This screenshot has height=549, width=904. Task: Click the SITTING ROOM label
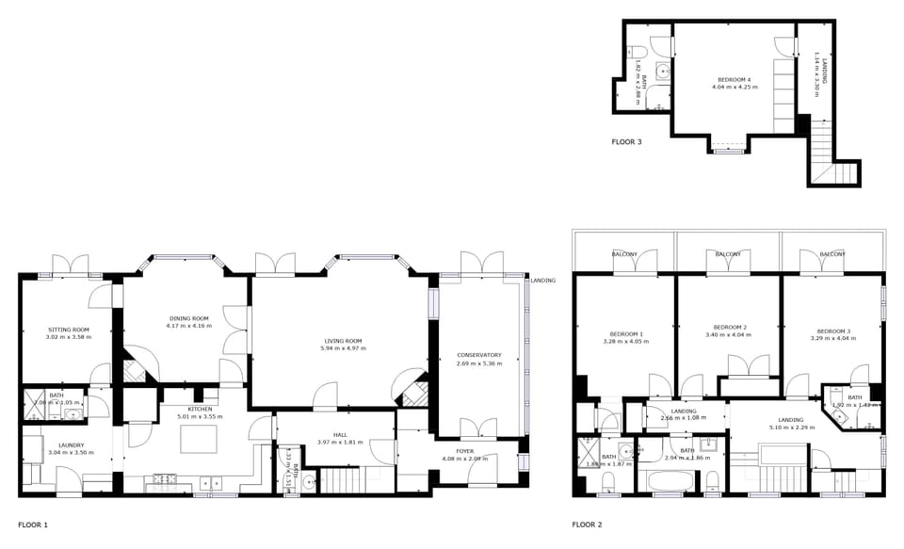(x=67, y=330)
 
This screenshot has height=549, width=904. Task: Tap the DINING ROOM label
(x=188, y=319)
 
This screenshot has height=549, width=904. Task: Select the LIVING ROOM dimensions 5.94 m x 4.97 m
(x=343, y=348)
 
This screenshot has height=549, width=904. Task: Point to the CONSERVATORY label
(x=479, y=355)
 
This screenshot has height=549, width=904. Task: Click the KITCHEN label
(x=200, y=409)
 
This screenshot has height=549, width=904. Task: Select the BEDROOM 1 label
(x=626, y=334)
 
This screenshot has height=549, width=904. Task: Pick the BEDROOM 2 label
(x=731, y=327)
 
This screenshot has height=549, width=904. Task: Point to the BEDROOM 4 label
(x=734, y=79)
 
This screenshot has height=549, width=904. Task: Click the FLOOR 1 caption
(x=33, y=524)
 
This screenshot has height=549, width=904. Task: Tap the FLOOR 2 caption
(x=588, y=524)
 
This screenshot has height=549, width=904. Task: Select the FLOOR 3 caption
(x=626, y=142)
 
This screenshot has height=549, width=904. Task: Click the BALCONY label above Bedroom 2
(x=728, y=254)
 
